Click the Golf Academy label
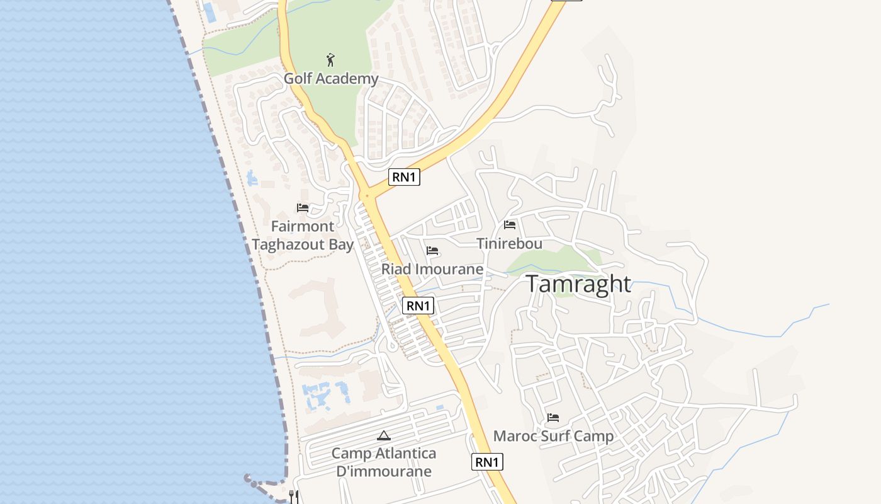pyautogui.click(x=331, y=79)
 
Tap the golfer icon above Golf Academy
pyautogui.click(x=331, y=60)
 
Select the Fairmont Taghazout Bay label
pyautogui.click(x=303, y=236)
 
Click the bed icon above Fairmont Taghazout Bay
pyautogui.click(x=303, y=207)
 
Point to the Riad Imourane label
pyautogui.click(x=432, y=269)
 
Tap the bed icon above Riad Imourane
pyautogui.click(x=432, y=250)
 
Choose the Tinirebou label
pyautogui.click(x=509, y=243)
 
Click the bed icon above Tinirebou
pyautogui.click(x=510, y=224)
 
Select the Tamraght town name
pyautogui.click(x=578, y=284)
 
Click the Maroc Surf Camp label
pyautogui.click(x=553, y=436)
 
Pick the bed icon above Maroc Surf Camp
pyautogui.click(x=553, y=417)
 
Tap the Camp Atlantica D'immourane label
pyautogui.click(x=384, y=462)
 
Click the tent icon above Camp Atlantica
pyautogui.click(x=384, y=435)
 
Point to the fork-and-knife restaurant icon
pyautogui.click(x=293, y=496)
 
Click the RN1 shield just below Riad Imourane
pyautogui.click(x=418, y=306)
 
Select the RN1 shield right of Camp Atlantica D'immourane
pyautogui.click(x=487, y=462)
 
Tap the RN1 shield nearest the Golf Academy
pyautogui.click(x=404, y=177)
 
